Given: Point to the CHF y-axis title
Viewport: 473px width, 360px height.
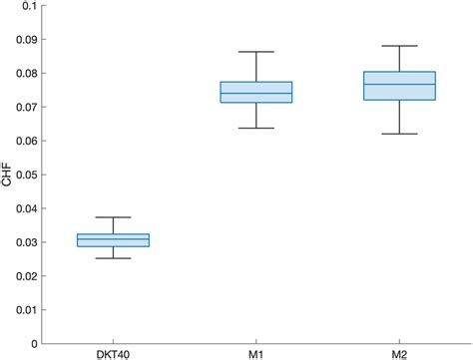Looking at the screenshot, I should [x=9, y=175].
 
